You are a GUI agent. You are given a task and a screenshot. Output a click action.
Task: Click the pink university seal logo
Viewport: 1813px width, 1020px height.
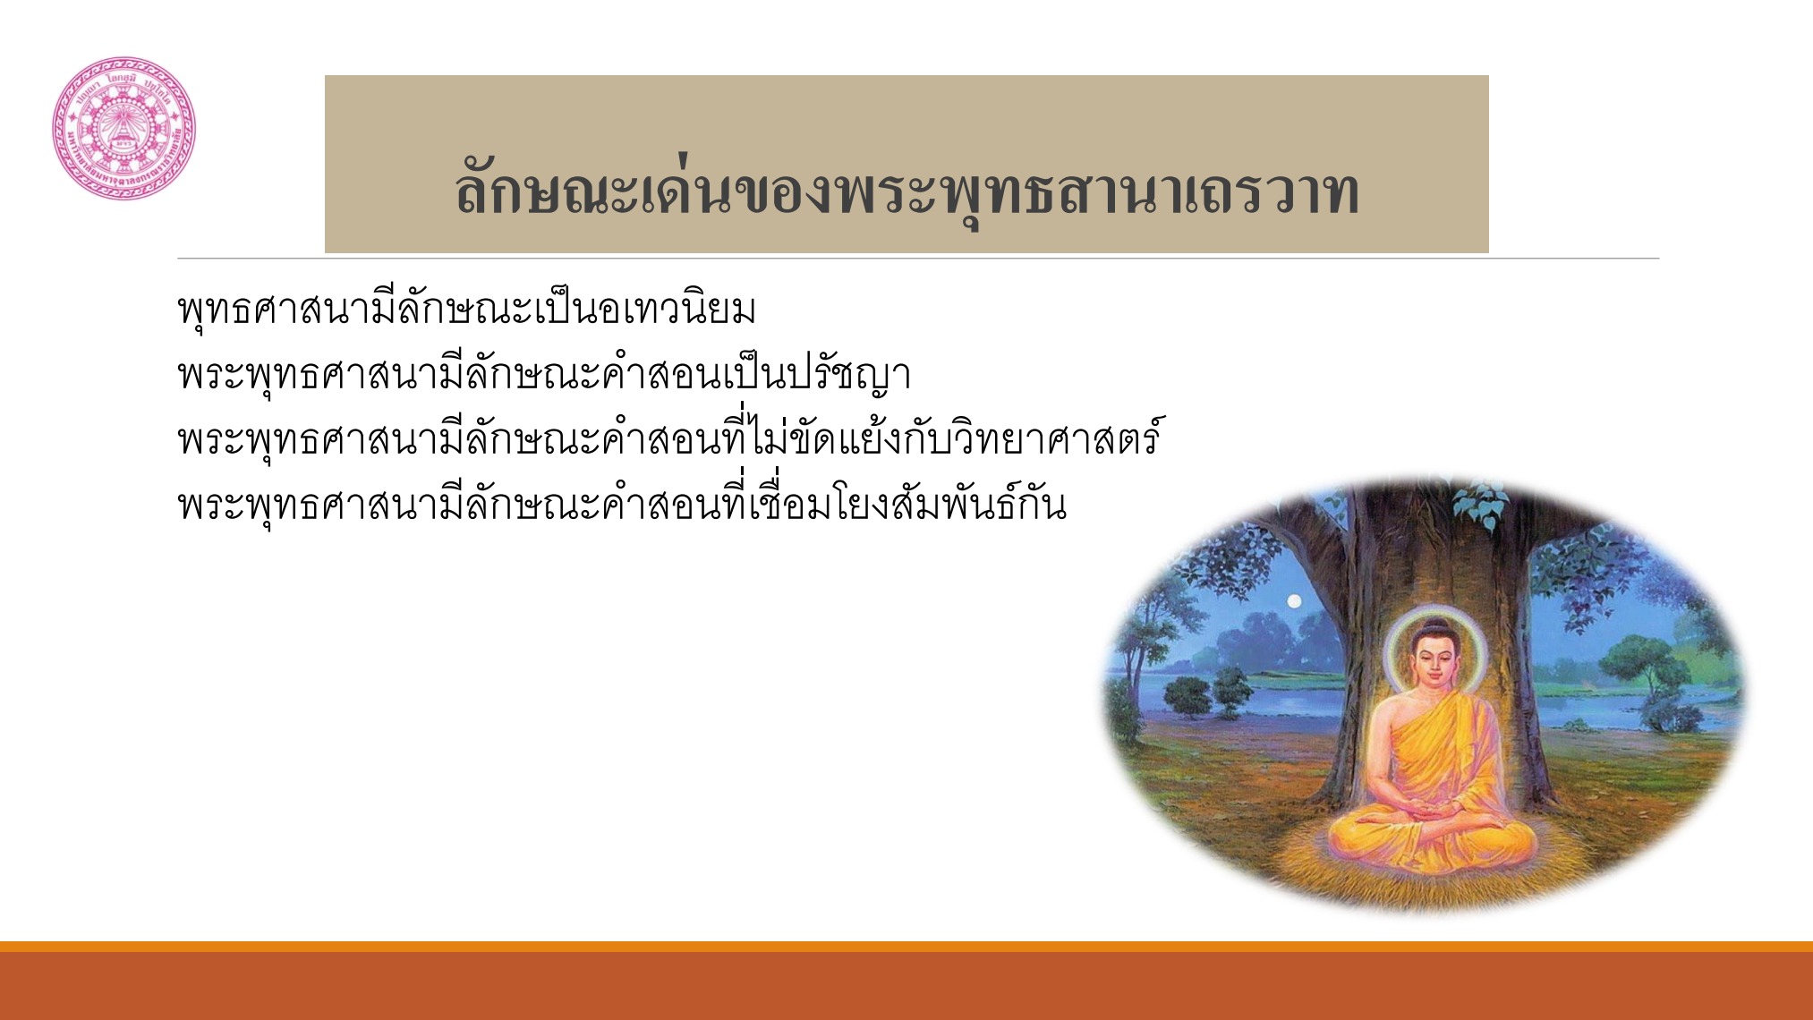point(123,128)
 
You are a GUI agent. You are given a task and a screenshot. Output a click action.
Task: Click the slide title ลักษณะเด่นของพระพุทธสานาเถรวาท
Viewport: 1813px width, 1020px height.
point(906,191)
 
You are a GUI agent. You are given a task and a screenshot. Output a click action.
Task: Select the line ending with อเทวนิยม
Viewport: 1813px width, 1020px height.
point(466,310)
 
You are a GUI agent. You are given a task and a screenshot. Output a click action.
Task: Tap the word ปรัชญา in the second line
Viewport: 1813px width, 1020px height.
point(849,375)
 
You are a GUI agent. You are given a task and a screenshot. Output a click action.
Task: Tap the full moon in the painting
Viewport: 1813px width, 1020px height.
point(1294,602)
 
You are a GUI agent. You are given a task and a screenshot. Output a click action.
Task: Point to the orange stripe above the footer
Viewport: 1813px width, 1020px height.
point(906,946)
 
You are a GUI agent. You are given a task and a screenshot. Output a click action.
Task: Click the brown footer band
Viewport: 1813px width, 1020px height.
point(906,986)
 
